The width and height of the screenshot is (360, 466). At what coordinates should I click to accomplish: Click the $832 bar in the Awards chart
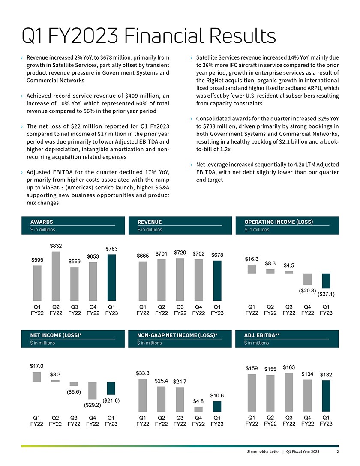coord(56,276)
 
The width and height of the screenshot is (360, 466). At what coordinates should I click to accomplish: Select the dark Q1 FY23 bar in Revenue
coord(217,280)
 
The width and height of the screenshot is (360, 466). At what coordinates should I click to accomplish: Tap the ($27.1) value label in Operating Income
coord(326,294)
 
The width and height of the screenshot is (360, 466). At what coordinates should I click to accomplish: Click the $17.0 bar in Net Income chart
coord(37,376)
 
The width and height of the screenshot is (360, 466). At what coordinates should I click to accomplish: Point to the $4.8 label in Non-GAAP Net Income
coord(198,401)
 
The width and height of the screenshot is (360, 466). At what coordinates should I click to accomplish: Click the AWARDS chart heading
coord(42,222)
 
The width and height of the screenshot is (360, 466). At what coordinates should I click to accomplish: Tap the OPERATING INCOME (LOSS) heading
coord(279,222)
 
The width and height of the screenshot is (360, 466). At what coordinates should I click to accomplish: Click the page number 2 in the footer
coord(338,452)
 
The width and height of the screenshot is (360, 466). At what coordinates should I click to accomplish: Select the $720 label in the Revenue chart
coord(180,253)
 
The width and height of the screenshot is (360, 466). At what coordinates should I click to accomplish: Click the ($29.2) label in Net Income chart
coord(92,404)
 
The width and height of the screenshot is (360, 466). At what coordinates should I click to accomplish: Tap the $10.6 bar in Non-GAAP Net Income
coord(217,406)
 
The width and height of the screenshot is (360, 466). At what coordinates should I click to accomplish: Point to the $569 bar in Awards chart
coord(75,283)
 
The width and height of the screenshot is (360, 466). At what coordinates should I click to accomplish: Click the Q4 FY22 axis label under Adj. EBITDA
coord(307,421)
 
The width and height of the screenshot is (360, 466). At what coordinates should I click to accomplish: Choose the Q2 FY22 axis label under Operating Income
coord(270,310)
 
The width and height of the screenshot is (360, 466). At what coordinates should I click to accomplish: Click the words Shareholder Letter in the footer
coord(262,452)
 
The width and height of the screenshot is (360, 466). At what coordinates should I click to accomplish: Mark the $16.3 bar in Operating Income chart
coord(252,269)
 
